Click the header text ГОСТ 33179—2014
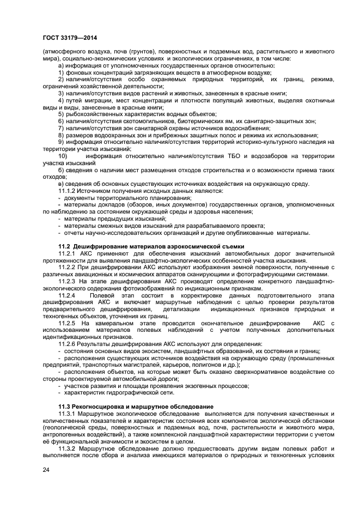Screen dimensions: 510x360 [x=70, y=38]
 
